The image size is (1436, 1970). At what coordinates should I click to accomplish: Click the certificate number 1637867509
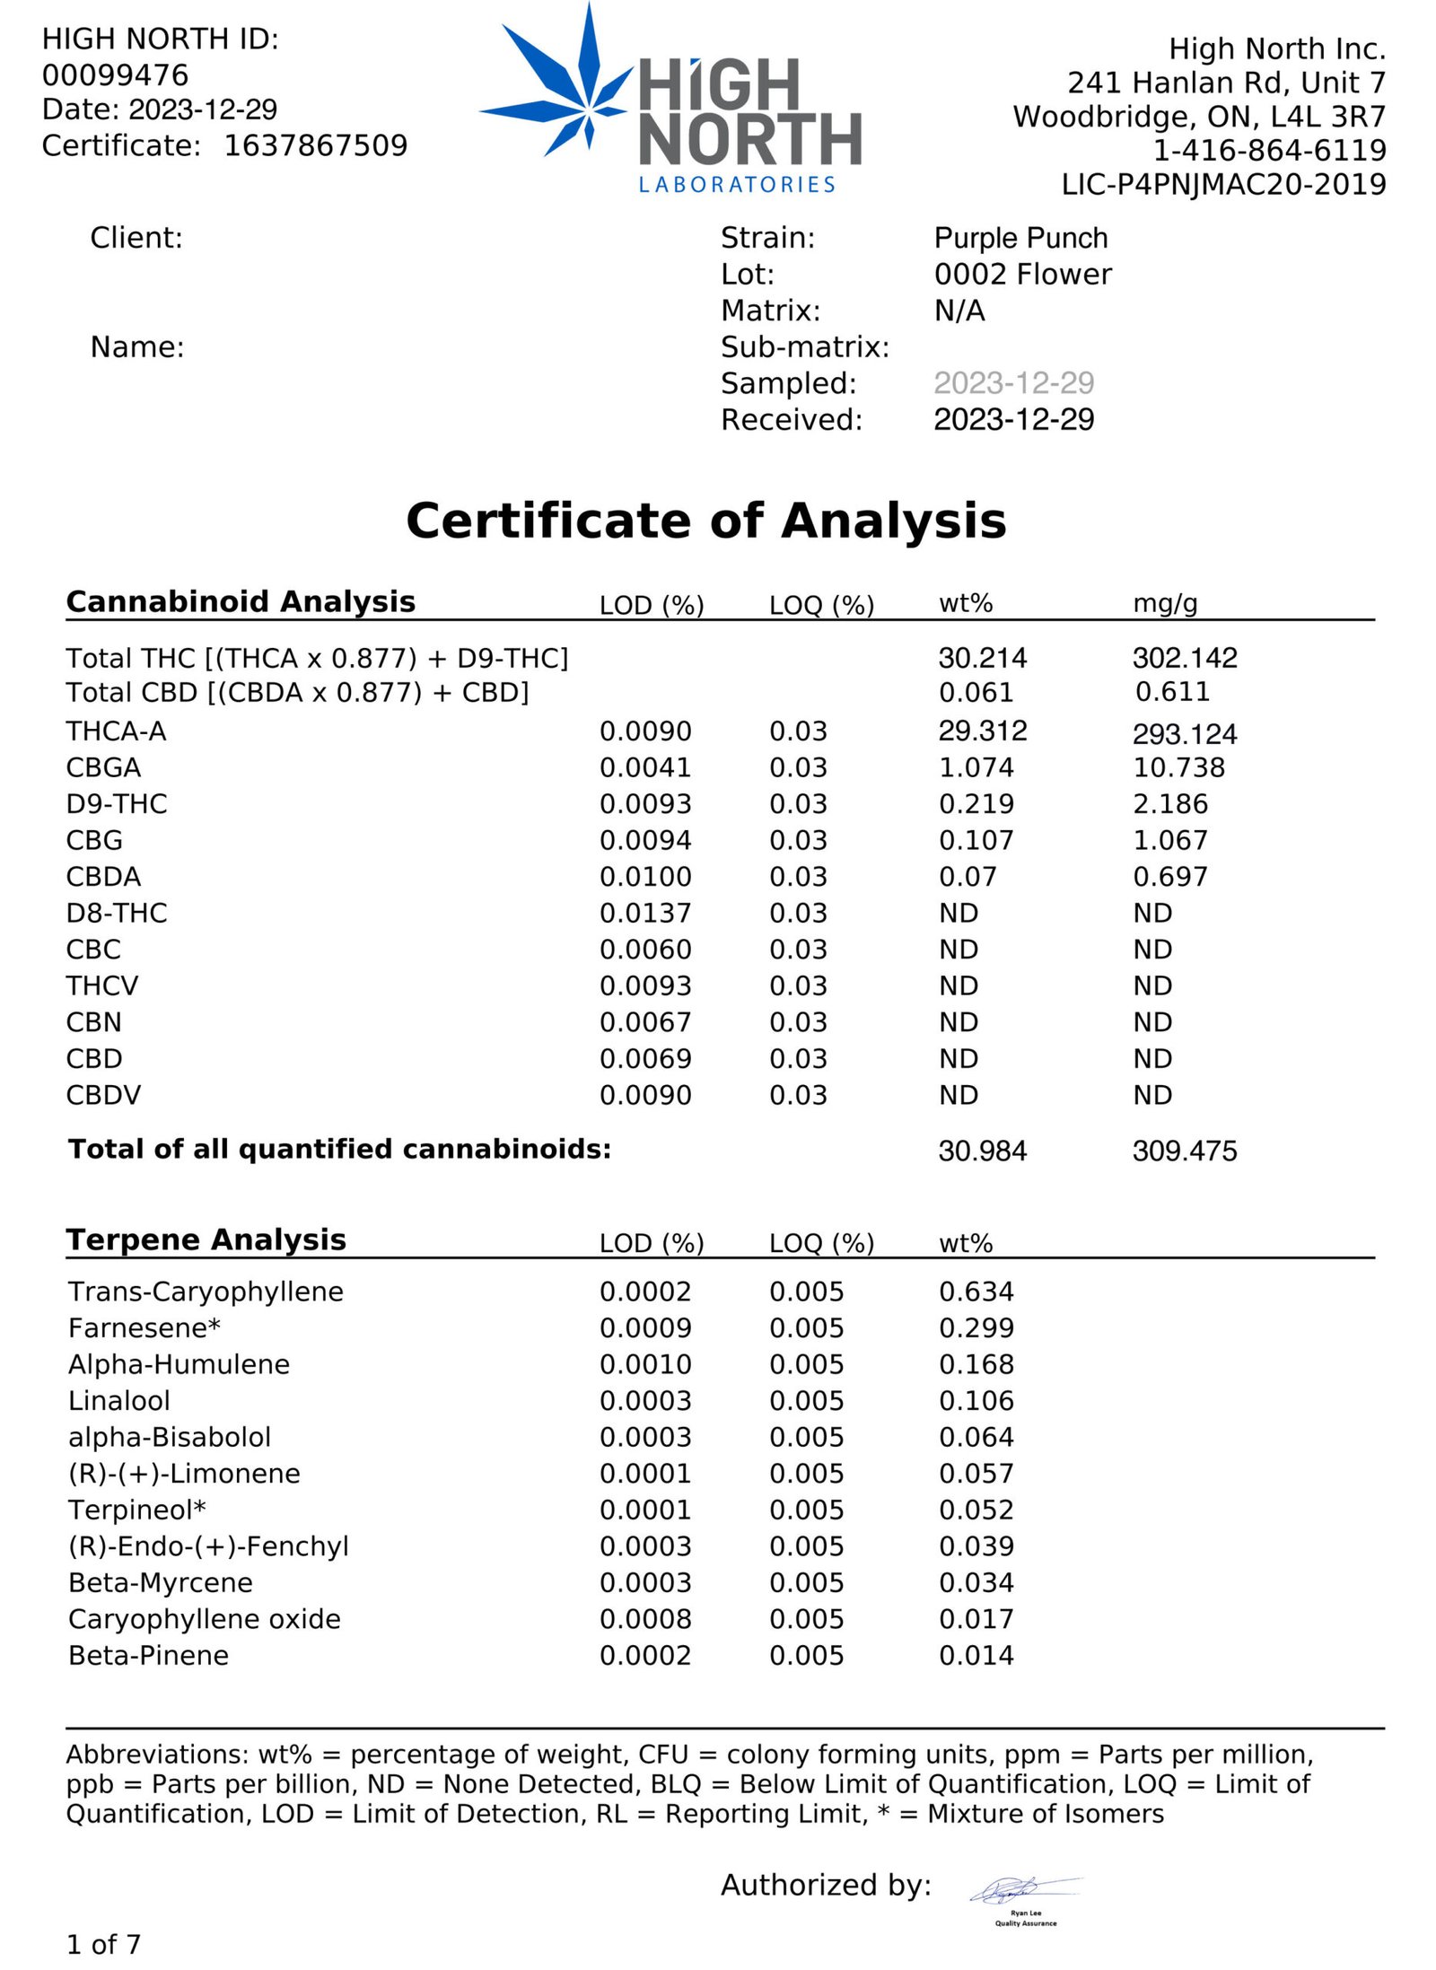(x=315, y=145)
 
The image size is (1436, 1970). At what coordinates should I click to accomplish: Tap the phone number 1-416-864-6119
(x=1269, y=150)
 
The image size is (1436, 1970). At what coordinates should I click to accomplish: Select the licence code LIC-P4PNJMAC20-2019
(x=1223, y=184)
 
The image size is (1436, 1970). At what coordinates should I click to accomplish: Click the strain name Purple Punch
(x=1020, y=238)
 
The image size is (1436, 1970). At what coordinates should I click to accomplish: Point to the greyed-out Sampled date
(x=1013, y=383)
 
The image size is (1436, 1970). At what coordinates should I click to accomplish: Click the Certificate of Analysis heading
(x=706, y=521)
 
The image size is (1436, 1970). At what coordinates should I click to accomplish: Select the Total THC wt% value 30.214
(x=982, y=658)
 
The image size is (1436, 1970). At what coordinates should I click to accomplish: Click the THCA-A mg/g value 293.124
(x=1184, y=733)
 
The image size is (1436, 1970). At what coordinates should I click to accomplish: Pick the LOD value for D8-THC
(x=645, y=913)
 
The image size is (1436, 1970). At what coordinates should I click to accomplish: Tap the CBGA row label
(x=103, y=767)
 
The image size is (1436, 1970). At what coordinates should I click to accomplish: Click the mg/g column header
(x=1165, y=603)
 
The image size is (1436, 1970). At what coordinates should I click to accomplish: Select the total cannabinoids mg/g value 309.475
(x=1184, y=1151)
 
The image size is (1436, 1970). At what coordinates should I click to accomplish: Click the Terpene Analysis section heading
(x=206, y=1239)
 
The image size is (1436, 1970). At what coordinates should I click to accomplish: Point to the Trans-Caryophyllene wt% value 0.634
(x=976, y=1291)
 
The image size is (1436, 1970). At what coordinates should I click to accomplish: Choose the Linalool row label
(x=119, y=1400)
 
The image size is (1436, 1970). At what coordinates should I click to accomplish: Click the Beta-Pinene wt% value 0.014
(x=976, y=1655)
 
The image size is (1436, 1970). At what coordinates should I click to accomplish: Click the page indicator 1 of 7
(x=103, y=1944)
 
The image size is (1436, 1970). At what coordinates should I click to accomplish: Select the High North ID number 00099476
(x=115, y=74)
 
